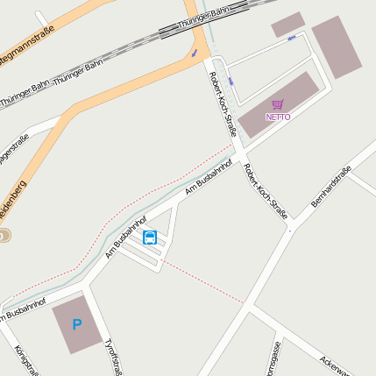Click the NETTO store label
[x=278, y=117]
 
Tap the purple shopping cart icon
[x=278, y=105]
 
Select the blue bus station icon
[x=150, y=237]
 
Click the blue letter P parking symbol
[x=76, y=324]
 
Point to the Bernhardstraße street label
[x=331, y=187]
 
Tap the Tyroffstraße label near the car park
[x=111, y=358]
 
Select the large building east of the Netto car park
[x=337, y=46]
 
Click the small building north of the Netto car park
[x=287, y=25]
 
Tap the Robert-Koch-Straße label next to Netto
[x=223, y=103]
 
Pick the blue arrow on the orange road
[x=194, y=53]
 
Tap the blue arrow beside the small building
[x=293, y=39]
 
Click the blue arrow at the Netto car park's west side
[x=230, y=81]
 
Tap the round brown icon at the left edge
[x=4, y=235]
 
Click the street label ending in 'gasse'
[x=273, y=358]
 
